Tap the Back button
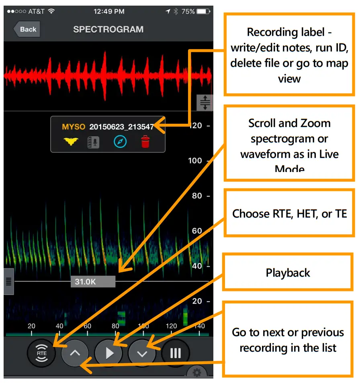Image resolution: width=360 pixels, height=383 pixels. [27, 29]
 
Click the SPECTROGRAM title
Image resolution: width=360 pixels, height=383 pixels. [108, 29]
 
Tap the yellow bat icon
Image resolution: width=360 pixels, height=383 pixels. [71, 141]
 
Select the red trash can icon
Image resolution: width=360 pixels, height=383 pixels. [145, 141]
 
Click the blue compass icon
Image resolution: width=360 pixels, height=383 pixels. [120, 141]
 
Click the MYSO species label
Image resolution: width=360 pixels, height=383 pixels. [74, 127]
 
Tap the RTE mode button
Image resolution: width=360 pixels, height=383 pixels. [42, 353]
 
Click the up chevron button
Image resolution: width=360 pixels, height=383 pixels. [75, 353]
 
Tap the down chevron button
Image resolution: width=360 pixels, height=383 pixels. [142, 353]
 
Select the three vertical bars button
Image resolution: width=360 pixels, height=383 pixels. [175, 353]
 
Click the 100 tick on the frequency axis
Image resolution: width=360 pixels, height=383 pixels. [195, 161]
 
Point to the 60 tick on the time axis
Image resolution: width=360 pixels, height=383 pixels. [87, 326]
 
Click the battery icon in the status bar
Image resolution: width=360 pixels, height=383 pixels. [203, 11]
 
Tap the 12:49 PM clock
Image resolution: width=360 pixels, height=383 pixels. [108, 11]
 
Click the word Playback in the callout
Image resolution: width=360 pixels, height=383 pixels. [288, 273]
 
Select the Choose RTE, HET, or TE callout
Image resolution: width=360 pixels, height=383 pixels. [289, 214]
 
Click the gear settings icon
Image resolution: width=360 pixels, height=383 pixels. [197, 373]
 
